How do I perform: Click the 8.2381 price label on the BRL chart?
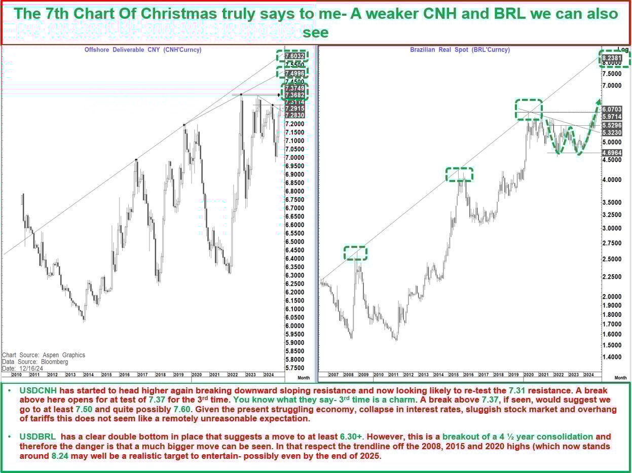point(612,58)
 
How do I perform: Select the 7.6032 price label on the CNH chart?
point(294,56)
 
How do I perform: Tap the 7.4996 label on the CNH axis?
point(294,73)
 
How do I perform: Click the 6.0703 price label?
point(612,110)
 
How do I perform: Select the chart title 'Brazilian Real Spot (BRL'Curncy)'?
point(460,50)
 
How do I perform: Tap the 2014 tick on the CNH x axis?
point(88,375)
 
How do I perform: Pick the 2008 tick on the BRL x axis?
point(349,375)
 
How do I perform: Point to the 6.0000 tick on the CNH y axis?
point(294,325)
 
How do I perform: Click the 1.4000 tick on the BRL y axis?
point(612,357)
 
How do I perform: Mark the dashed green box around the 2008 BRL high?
point(355,252)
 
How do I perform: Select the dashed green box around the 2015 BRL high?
point(459,174)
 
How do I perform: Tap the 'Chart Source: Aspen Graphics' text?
point(44,355)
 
